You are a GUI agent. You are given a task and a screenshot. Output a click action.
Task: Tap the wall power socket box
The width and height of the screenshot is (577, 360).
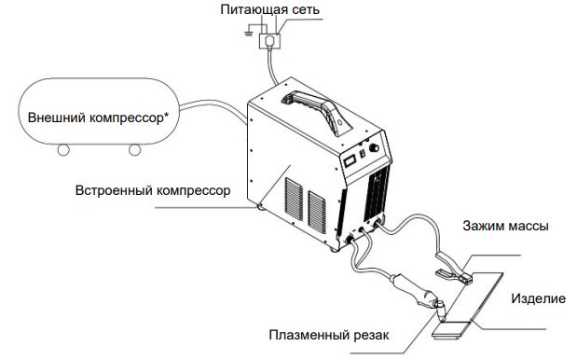click(271, 41)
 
